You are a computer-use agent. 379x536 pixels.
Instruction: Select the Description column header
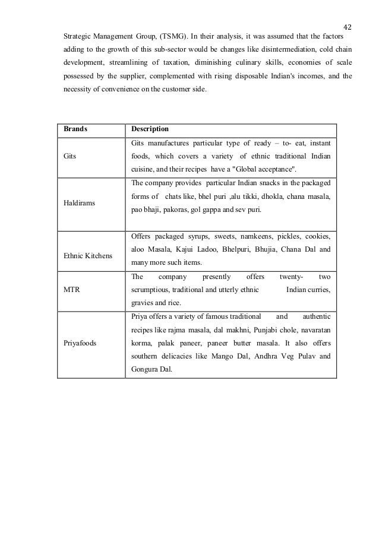pos(150,129)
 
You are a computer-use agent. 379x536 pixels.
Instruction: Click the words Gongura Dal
pos(151,369)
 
